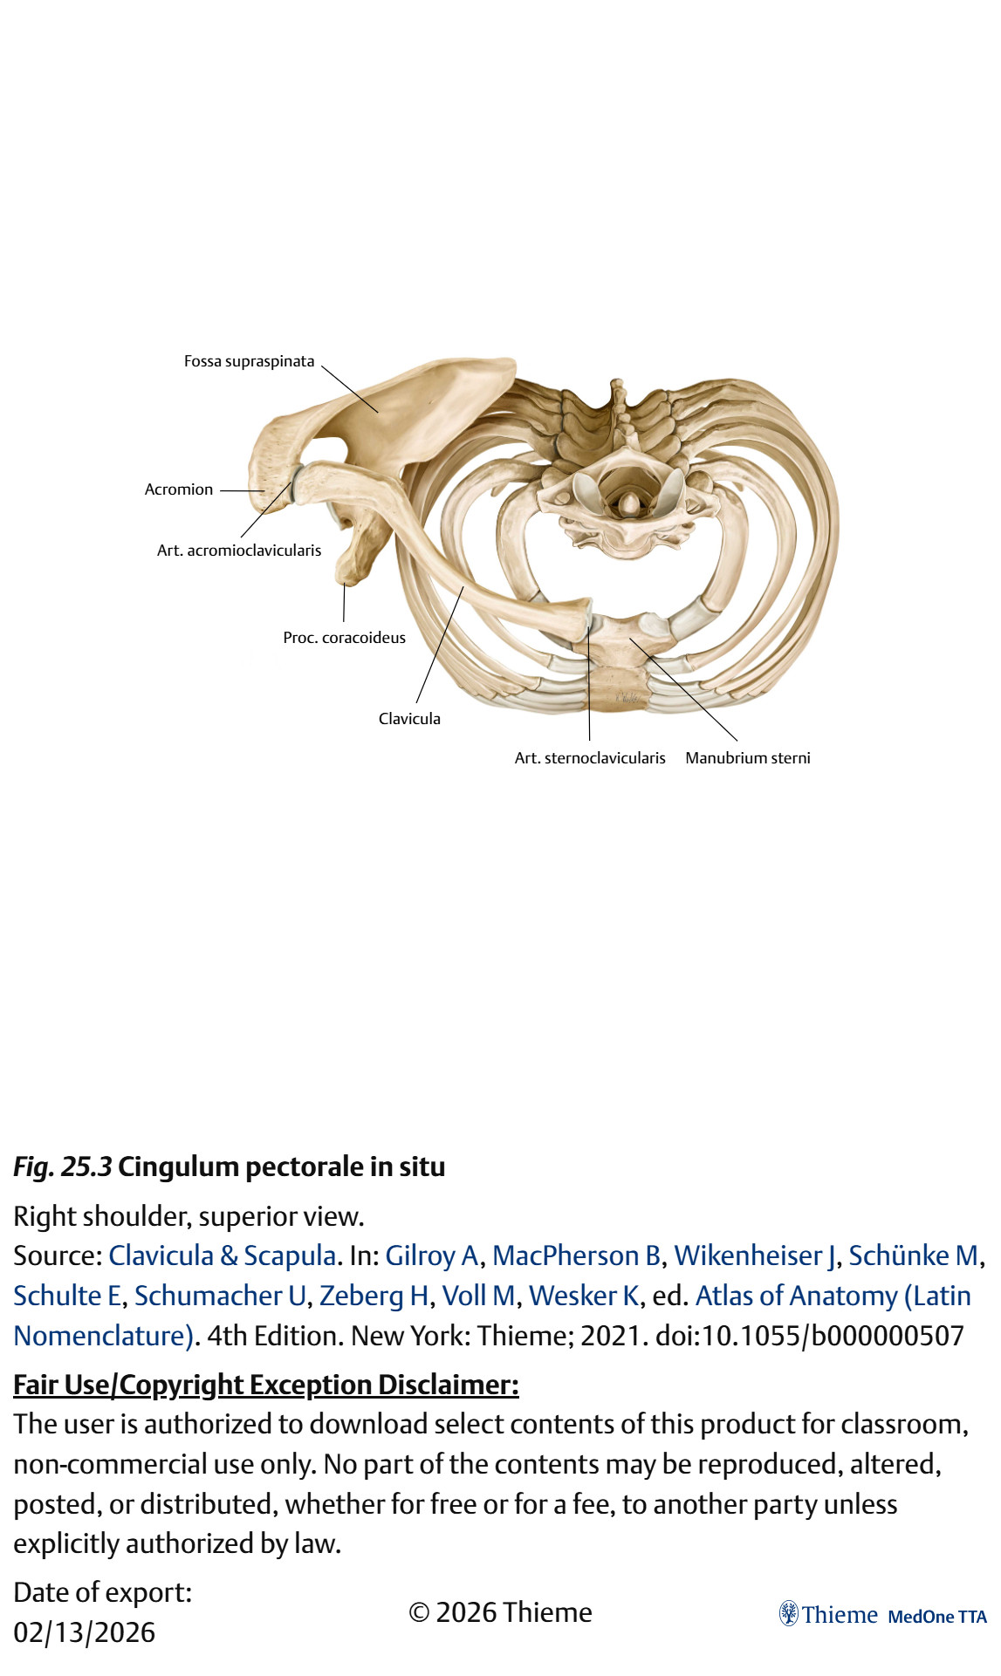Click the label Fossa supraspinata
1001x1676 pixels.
pyautogui.click(x=249, y=361)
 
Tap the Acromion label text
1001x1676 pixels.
pyautogui.click(x=179, y=489)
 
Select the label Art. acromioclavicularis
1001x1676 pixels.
pyautogui.click(x=239, y=551)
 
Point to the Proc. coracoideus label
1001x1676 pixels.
pyautogui.click(x=344, y=638)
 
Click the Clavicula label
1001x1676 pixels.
pyautogui.click(x=409, y=719)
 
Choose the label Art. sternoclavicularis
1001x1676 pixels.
pyautogui.click(x=590, y=758)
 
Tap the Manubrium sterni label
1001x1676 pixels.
pyautogui.click(x=748, y=758)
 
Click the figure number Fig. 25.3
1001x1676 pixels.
pyautogui.click(x=63, y=1166)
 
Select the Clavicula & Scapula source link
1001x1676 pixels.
pyautogui.click(x=223, y=1255)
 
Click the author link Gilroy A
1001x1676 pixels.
pyautogui.click(x=432, y=1255)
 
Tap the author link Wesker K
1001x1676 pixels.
pyautogui.click(x=584, y=1296)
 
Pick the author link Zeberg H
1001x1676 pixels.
pyautogui.click(x=374, y=1296)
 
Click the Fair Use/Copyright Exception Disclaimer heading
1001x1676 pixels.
pyautogui.click(x=266, y=1385)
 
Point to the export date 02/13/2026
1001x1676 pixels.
pyautogui.click(x=85, y=1632)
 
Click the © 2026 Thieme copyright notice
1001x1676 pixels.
pyautogui.click(x=500, y=1612)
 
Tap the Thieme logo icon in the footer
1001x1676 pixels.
pyautogui.click(x=789, y=1614)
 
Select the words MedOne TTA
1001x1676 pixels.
pyautogui.click(x=936, y=1617)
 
